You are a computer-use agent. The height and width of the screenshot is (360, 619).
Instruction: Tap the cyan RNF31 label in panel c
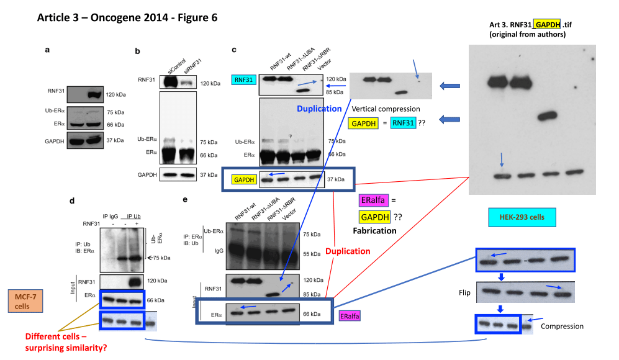(243, 79)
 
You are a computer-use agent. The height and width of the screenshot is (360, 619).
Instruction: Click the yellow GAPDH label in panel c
(243, 179)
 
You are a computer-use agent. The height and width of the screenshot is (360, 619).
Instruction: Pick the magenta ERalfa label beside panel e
(351, 316)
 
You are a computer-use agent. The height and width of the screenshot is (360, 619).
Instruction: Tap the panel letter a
(47, 49)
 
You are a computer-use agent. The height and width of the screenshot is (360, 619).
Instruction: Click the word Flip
(463, 291)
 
